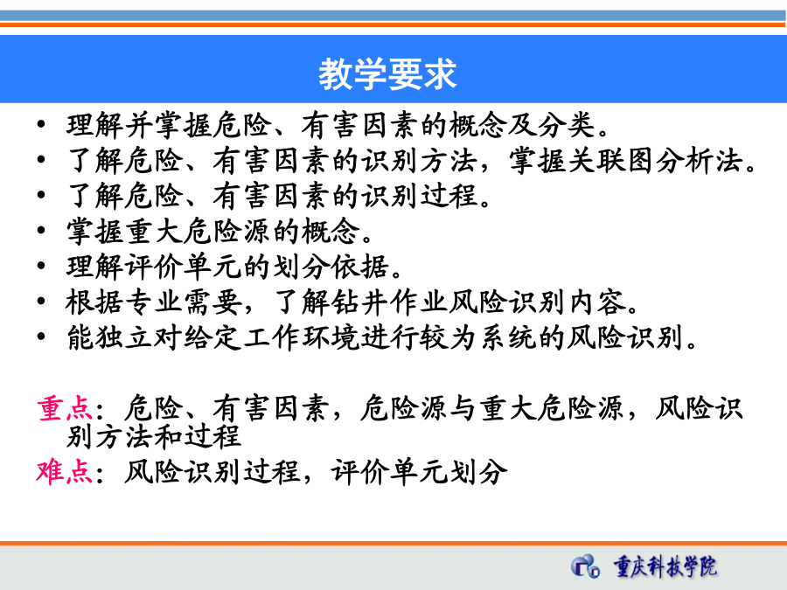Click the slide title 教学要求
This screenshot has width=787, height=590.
click(387, 74)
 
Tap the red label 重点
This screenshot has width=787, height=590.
click(65, 408)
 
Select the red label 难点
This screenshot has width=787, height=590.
click(64, 471)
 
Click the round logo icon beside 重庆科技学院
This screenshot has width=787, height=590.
click(585, 566)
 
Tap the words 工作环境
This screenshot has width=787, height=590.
click(302, 337)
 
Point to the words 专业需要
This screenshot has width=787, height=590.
click(183, 302)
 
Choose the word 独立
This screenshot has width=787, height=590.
click(124, 337)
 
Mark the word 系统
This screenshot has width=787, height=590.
click(508, 337)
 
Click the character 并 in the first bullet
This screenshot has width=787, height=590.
click(139, 125)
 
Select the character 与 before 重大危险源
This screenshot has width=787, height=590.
click(463, 408)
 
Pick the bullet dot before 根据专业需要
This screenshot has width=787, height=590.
click(41, 301)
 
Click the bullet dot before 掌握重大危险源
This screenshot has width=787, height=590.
click(41, 230)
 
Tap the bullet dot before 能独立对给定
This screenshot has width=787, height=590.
click(41, 337)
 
